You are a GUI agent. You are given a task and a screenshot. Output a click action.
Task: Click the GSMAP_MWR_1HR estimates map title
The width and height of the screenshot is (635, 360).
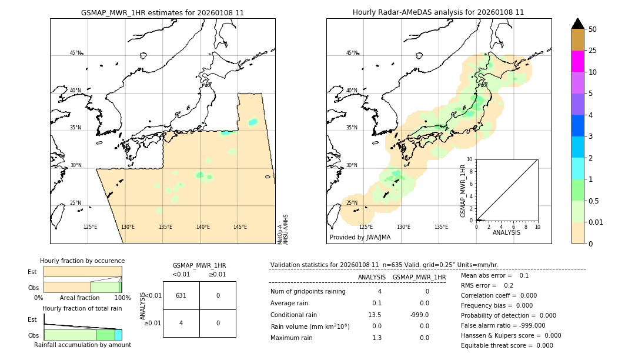click(162, 12)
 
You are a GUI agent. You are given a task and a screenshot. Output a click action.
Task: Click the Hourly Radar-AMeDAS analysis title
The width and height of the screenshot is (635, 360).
click(438, 12)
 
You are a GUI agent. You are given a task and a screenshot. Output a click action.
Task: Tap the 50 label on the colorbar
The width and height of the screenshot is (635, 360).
click(593, 29)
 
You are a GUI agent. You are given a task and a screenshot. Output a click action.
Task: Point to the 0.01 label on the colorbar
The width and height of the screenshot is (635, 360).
click(596, 222)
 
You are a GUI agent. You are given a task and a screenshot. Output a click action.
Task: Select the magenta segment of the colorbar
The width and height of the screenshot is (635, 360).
click(577, 61)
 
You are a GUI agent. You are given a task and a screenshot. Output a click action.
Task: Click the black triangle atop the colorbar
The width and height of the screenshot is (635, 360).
click(577, 24)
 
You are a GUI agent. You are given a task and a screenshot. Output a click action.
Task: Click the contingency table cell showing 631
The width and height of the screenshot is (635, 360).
click(181, 295)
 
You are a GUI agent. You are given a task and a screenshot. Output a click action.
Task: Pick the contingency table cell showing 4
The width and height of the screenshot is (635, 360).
click(181, 323)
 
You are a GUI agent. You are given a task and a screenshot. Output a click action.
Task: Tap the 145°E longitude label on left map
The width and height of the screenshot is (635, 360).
click(240, 227)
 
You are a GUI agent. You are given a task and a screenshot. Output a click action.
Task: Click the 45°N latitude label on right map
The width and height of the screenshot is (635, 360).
click(352, 53)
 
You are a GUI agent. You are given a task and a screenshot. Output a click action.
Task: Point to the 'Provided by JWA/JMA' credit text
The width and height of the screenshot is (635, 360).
click(360, 238)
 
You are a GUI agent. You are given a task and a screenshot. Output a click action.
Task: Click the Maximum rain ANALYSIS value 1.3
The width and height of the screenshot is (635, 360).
click(376, 338)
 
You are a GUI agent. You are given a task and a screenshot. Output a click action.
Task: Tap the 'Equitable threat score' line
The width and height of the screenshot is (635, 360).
click(507, 345)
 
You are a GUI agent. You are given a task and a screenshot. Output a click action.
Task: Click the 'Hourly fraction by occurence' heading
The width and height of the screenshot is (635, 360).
click(82, 261)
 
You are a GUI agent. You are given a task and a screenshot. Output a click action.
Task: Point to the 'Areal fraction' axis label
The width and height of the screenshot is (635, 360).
click(79, 298)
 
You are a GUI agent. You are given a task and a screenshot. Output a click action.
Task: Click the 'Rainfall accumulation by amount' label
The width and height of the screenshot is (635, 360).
click(82, 345)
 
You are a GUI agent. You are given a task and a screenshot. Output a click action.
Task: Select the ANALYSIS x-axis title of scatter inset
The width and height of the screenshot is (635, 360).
click(506, 232)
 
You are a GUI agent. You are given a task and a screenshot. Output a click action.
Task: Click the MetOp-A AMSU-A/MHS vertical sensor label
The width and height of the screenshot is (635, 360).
click(282, 229)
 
